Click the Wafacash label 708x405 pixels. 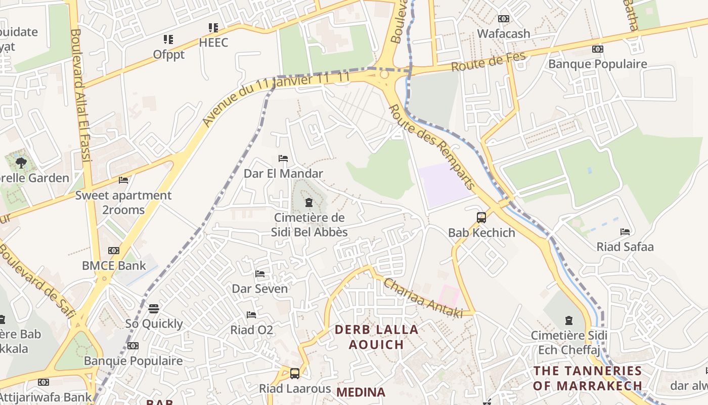pos(504,34)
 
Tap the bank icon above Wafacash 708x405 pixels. pos(503,19)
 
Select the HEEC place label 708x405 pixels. pos(213,43)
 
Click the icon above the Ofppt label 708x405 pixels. pos(168,39)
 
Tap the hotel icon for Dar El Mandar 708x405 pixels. pos(283,158)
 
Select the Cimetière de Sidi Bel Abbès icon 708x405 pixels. pos(308,203)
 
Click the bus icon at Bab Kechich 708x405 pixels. pos(481,218)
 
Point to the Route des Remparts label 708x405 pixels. pos(432,147)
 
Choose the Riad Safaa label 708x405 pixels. pos(625,247)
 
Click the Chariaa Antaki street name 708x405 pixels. pos(423,298)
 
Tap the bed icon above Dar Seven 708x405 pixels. pos(260,274)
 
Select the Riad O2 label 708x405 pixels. pos(252,330)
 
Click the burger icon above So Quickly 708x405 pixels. pos(154,308)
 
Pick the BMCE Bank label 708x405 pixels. pos(114,265)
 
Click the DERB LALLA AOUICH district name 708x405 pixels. pos(377,337)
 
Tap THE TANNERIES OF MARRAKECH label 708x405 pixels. pos(588,378)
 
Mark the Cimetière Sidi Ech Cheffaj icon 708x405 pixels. pos(569,320)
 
